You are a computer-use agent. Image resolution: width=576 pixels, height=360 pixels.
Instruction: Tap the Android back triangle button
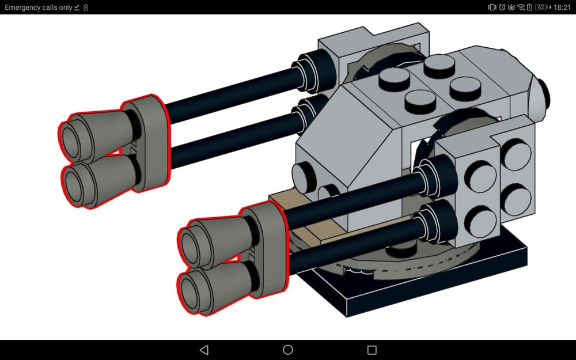203,350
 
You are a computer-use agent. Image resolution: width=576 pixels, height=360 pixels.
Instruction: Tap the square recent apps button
372,350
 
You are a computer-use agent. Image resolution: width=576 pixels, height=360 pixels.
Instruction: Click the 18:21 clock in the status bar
561,7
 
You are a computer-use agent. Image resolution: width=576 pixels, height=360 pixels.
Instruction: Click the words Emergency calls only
38,7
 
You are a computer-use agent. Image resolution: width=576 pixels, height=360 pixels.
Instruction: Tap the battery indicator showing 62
541,7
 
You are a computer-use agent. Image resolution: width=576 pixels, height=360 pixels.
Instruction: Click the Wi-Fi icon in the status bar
521,7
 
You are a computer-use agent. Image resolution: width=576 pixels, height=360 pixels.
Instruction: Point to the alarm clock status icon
502,7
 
